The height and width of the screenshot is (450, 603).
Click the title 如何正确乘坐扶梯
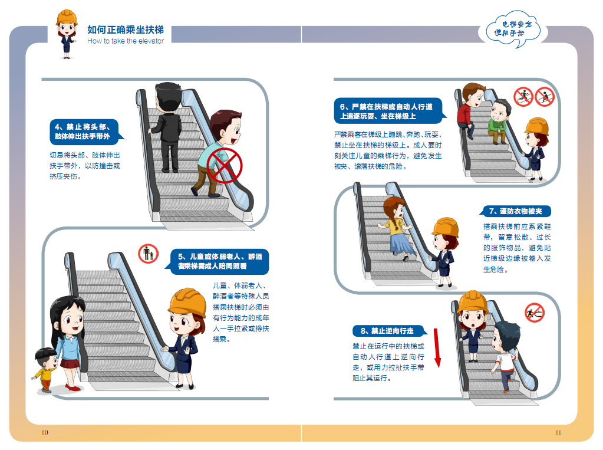click(126, 29)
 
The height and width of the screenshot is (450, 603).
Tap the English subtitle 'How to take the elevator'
click(126, 41)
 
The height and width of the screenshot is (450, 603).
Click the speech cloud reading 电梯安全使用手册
click(513, 29)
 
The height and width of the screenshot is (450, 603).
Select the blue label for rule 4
click(85, 132)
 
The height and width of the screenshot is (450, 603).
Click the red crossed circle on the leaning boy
click(224, 166)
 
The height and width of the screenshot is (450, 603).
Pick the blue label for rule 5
click(218, 261)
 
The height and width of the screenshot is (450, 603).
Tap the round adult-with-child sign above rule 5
click(148, 254)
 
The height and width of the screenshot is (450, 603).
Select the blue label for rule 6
click(389, 111)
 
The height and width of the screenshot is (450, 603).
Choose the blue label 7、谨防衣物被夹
click(515, 211)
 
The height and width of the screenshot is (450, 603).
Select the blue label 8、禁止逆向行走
click(388, 331)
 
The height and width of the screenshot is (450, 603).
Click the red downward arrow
click(437, 347)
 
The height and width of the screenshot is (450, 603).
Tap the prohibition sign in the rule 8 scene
click(535, 313)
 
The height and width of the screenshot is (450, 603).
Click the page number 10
click(45, 432)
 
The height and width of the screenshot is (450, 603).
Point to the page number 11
click(558, 432)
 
